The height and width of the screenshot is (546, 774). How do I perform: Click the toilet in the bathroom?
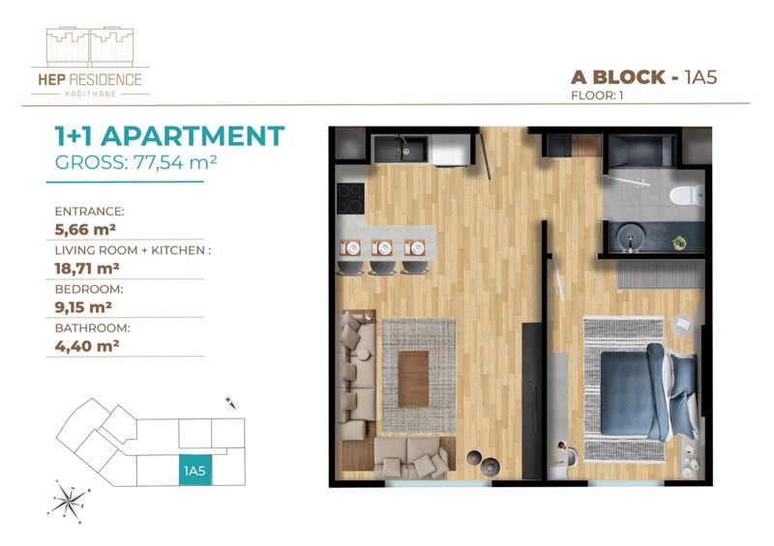[x=687, y=195]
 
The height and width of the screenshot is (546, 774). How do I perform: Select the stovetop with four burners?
[x=350, y=198]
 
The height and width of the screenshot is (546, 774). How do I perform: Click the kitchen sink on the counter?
[x=401, y=149]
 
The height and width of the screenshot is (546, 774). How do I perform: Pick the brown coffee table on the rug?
[x=413, y=379]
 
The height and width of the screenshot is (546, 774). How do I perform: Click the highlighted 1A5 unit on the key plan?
[x=195, y=470]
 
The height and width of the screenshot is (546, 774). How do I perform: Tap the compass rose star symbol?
[x=69, y=501]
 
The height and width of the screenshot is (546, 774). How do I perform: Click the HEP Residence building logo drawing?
[x=90, y=46]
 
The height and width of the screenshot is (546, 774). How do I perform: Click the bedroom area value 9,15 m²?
[x=83, y=307]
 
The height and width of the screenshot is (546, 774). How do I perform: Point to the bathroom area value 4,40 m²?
[x=87, y=346]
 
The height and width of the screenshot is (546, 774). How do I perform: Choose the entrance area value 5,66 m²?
[x=85, y=229]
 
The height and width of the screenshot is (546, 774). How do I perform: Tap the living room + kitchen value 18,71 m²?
[x=87, y=269]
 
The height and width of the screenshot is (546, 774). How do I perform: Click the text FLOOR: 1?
[x=597, y=96]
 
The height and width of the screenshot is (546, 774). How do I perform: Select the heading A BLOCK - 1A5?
[x=643, y=77]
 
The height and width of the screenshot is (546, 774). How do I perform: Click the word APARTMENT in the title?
[x=193, y=135]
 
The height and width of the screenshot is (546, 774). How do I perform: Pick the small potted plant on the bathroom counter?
[x=679, y=243]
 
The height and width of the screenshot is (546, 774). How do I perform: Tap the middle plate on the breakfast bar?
[x=383, y=248]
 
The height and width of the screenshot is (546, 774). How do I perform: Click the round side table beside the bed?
[x=685, y=325]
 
